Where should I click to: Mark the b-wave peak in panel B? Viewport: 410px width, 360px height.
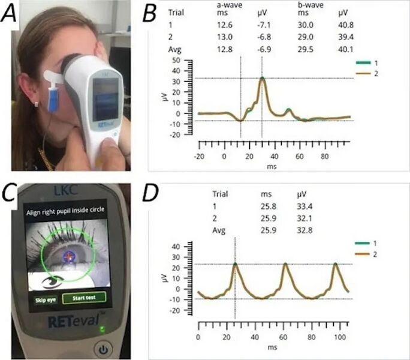click(x=262, y=78)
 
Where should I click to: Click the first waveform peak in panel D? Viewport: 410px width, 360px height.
click(x=235, y=263)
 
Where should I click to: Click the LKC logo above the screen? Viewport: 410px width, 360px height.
click(x=61, y=191)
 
